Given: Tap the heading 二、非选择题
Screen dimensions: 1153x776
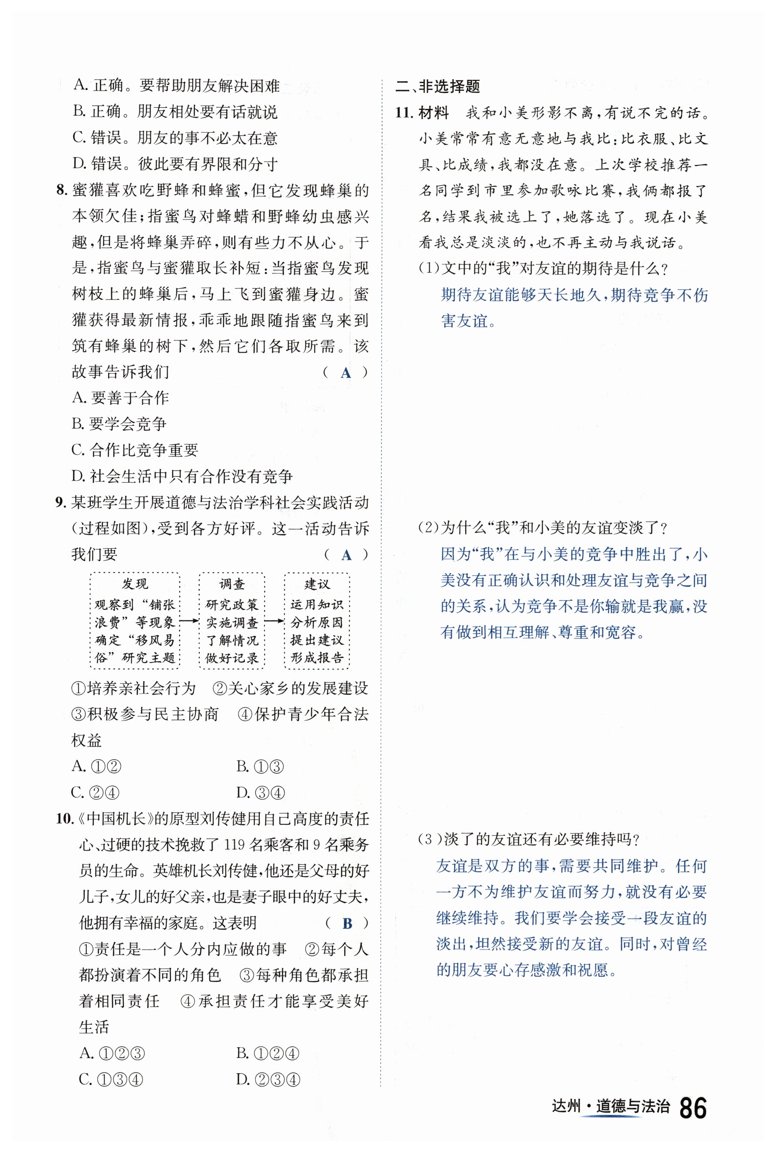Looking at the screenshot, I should (x=437, y=87).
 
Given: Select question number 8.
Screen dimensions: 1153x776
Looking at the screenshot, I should (x=61, y=190).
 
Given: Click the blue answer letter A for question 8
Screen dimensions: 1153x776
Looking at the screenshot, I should (x=346, y=373).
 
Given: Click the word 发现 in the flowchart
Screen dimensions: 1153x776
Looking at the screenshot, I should (x=135, y=584).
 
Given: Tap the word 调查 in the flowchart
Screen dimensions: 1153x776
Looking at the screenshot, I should (x=232, y=584).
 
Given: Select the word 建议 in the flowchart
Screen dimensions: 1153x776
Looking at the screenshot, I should (x=317, y=584).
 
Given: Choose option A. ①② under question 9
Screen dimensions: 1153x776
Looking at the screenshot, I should (x=96, y=766).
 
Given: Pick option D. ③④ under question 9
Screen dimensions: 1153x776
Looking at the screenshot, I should (x=261, y=792).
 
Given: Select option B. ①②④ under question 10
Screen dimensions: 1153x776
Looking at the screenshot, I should (x=268, y=1053).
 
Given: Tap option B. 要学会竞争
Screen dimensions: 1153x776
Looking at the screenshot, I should (x=119, y=424).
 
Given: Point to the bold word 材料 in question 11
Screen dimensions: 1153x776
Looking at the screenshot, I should (x=433, y=113).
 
